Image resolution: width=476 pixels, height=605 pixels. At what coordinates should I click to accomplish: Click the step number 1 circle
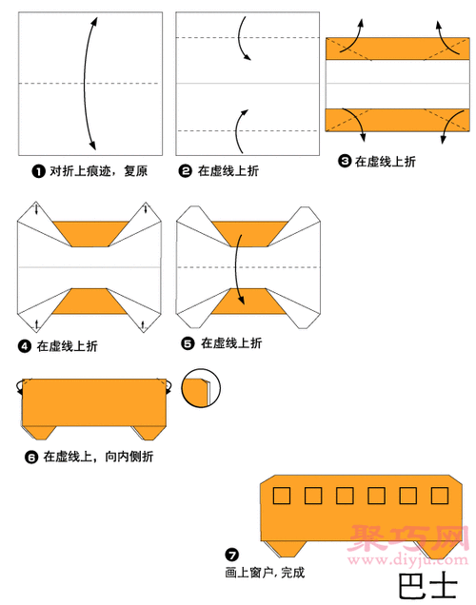38,171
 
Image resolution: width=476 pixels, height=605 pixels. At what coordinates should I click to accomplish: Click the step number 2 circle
186,171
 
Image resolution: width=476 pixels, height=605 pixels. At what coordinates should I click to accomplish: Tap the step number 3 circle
345,162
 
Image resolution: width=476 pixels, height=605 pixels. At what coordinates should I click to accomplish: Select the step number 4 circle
26,345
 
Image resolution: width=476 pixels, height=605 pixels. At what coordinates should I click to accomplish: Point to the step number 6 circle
30,457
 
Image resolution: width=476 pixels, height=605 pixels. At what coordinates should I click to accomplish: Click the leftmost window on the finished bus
280,496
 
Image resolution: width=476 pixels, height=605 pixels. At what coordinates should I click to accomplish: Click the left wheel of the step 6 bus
38,434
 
